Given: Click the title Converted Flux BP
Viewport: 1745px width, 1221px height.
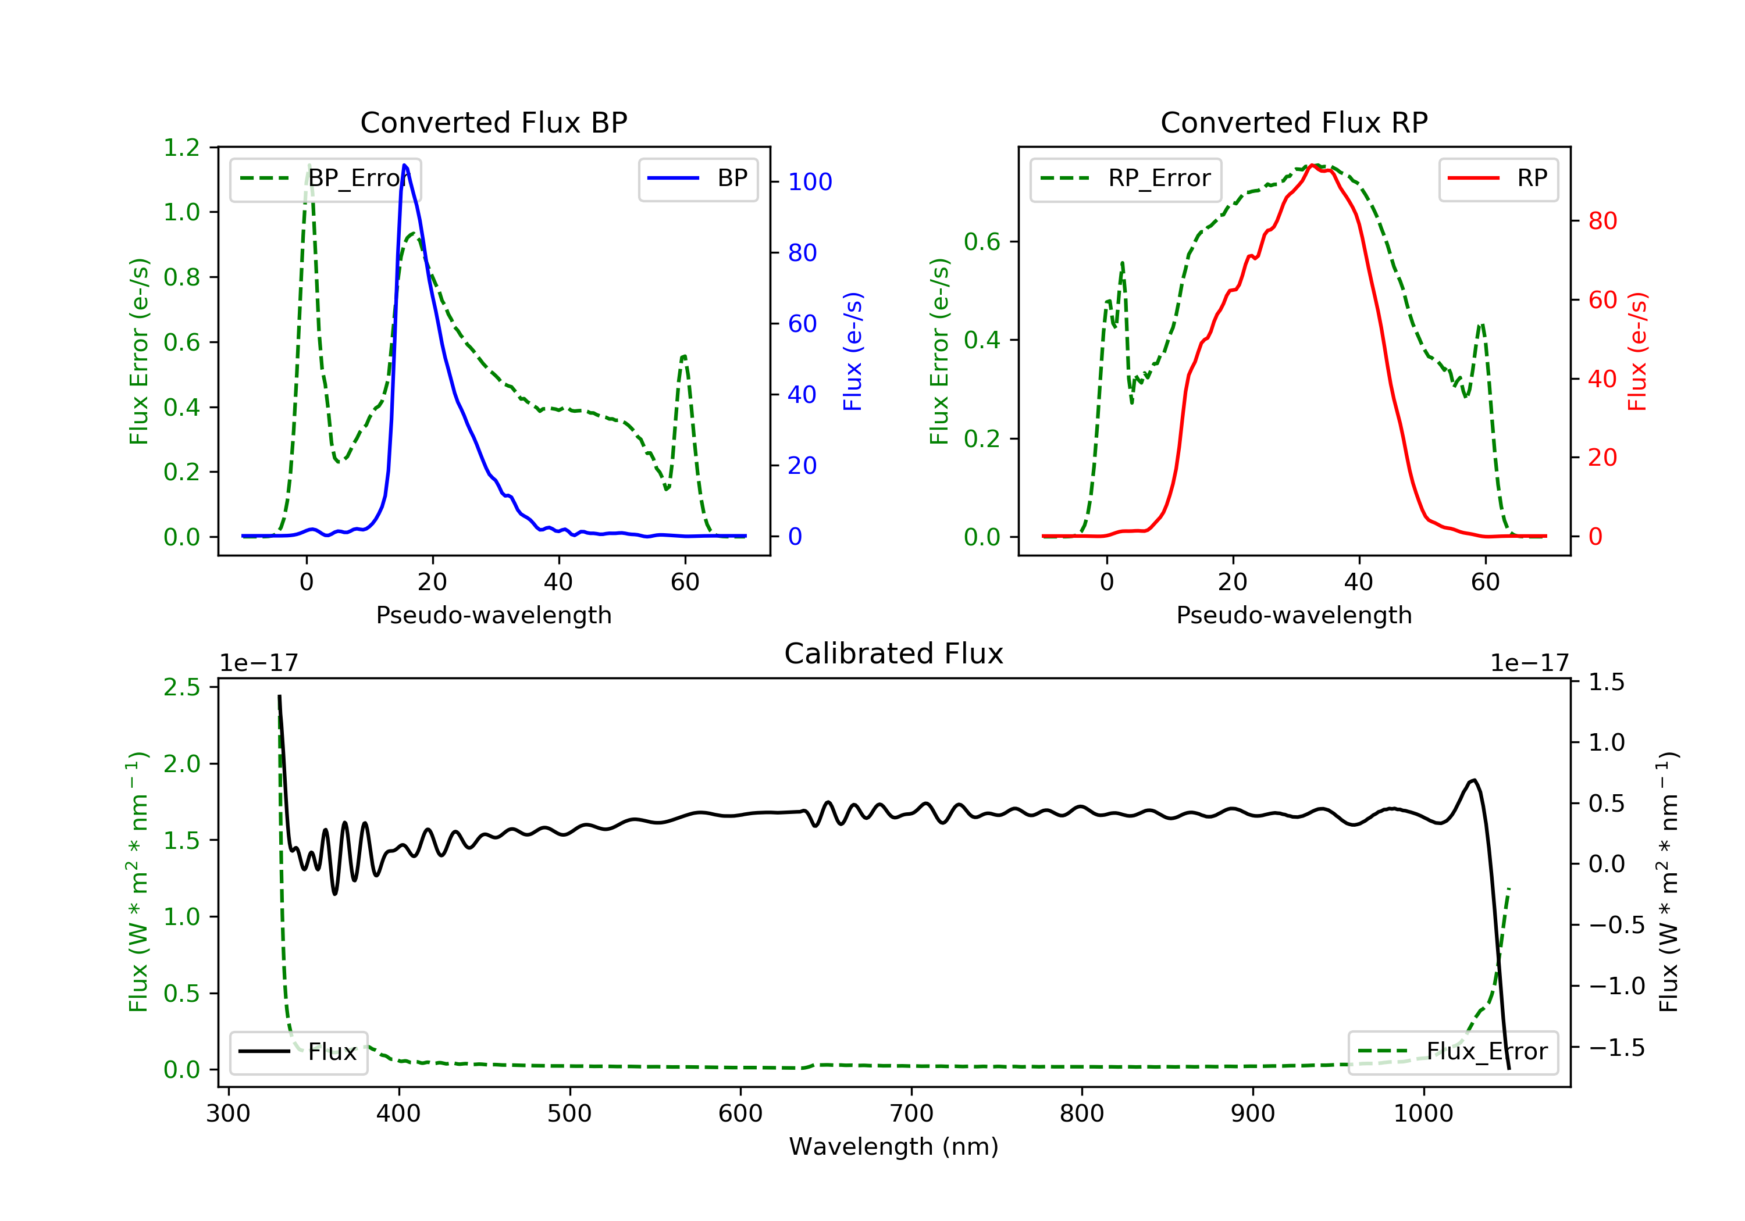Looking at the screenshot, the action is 494,122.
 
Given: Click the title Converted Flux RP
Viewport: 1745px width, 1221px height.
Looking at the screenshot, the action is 1294,122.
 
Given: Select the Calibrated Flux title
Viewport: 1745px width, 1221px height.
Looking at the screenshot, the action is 894,654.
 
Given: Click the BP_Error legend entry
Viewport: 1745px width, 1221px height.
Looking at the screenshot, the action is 325,179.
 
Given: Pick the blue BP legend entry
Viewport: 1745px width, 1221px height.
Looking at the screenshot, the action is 697,179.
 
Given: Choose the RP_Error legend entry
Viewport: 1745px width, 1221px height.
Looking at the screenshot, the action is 1126,179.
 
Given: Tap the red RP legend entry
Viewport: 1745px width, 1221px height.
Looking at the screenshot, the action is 1498,179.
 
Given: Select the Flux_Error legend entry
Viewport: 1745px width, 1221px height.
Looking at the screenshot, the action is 1453,1052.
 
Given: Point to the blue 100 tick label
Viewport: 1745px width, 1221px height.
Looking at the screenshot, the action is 810,181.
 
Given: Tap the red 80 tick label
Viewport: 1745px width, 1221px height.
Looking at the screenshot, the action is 1603,221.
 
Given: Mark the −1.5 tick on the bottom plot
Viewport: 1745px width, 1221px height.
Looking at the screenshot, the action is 1616,1048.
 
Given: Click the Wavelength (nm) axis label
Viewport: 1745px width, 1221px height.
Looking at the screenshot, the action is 894,1147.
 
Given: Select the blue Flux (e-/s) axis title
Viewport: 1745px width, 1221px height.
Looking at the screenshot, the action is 853,351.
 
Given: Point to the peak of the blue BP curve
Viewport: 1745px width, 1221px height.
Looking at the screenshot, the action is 404,165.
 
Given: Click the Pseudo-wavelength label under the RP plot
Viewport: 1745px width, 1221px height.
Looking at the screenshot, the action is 1294,615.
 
